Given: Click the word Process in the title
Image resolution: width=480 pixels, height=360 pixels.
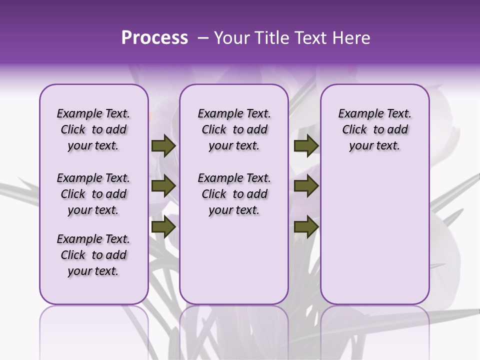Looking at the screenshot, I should pos(154,38).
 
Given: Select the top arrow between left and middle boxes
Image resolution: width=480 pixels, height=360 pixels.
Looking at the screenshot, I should pos(163,146).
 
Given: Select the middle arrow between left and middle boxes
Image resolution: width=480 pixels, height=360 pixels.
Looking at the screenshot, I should pos(163,186).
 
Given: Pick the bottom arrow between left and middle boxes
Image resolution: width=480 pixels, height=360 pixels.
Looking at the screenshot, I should pos(163,226).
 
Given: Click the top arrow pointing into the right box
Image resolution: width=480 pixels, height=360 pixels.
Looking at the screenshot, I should pos(306,146).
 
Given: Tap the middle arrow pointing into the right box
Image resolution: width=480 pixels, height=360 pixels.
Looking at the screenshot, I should pos(306,186).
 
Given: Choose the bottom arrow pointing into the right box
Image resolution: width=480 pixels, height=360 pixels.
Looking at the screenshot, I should pos(306,226).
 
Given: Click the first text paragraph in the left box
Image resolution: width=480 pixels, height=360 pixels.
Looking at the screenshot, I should pos(93,129).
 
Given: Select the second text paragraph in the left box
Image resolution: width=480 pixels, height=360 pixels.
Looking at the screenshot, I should pos(93,194).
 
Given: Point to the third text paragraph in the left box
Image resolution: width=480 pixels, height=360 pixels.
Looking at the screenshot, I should pos(93,255).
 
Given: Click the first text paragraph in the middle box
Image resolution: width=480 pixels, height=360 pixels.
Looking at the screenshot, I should pos(234,129).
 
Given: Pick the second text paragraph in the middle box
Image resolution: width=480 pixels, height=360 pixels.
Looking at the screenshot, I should pos(234,194).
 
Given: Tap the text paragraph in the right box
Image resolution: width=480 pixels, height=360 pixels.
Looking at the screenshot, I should pos(375,129).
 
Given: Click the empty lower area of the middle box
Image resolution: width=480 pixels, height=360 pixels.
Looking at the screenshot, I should pos(234,260).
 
